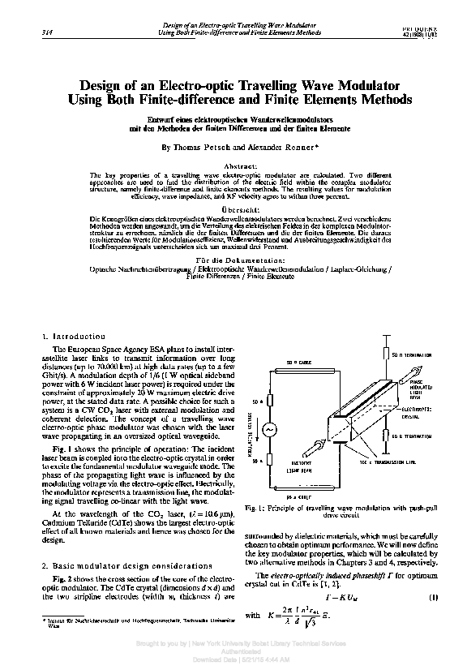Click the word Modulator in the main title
click(358, 84)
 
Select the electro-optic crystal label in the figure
click(421, 414)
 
